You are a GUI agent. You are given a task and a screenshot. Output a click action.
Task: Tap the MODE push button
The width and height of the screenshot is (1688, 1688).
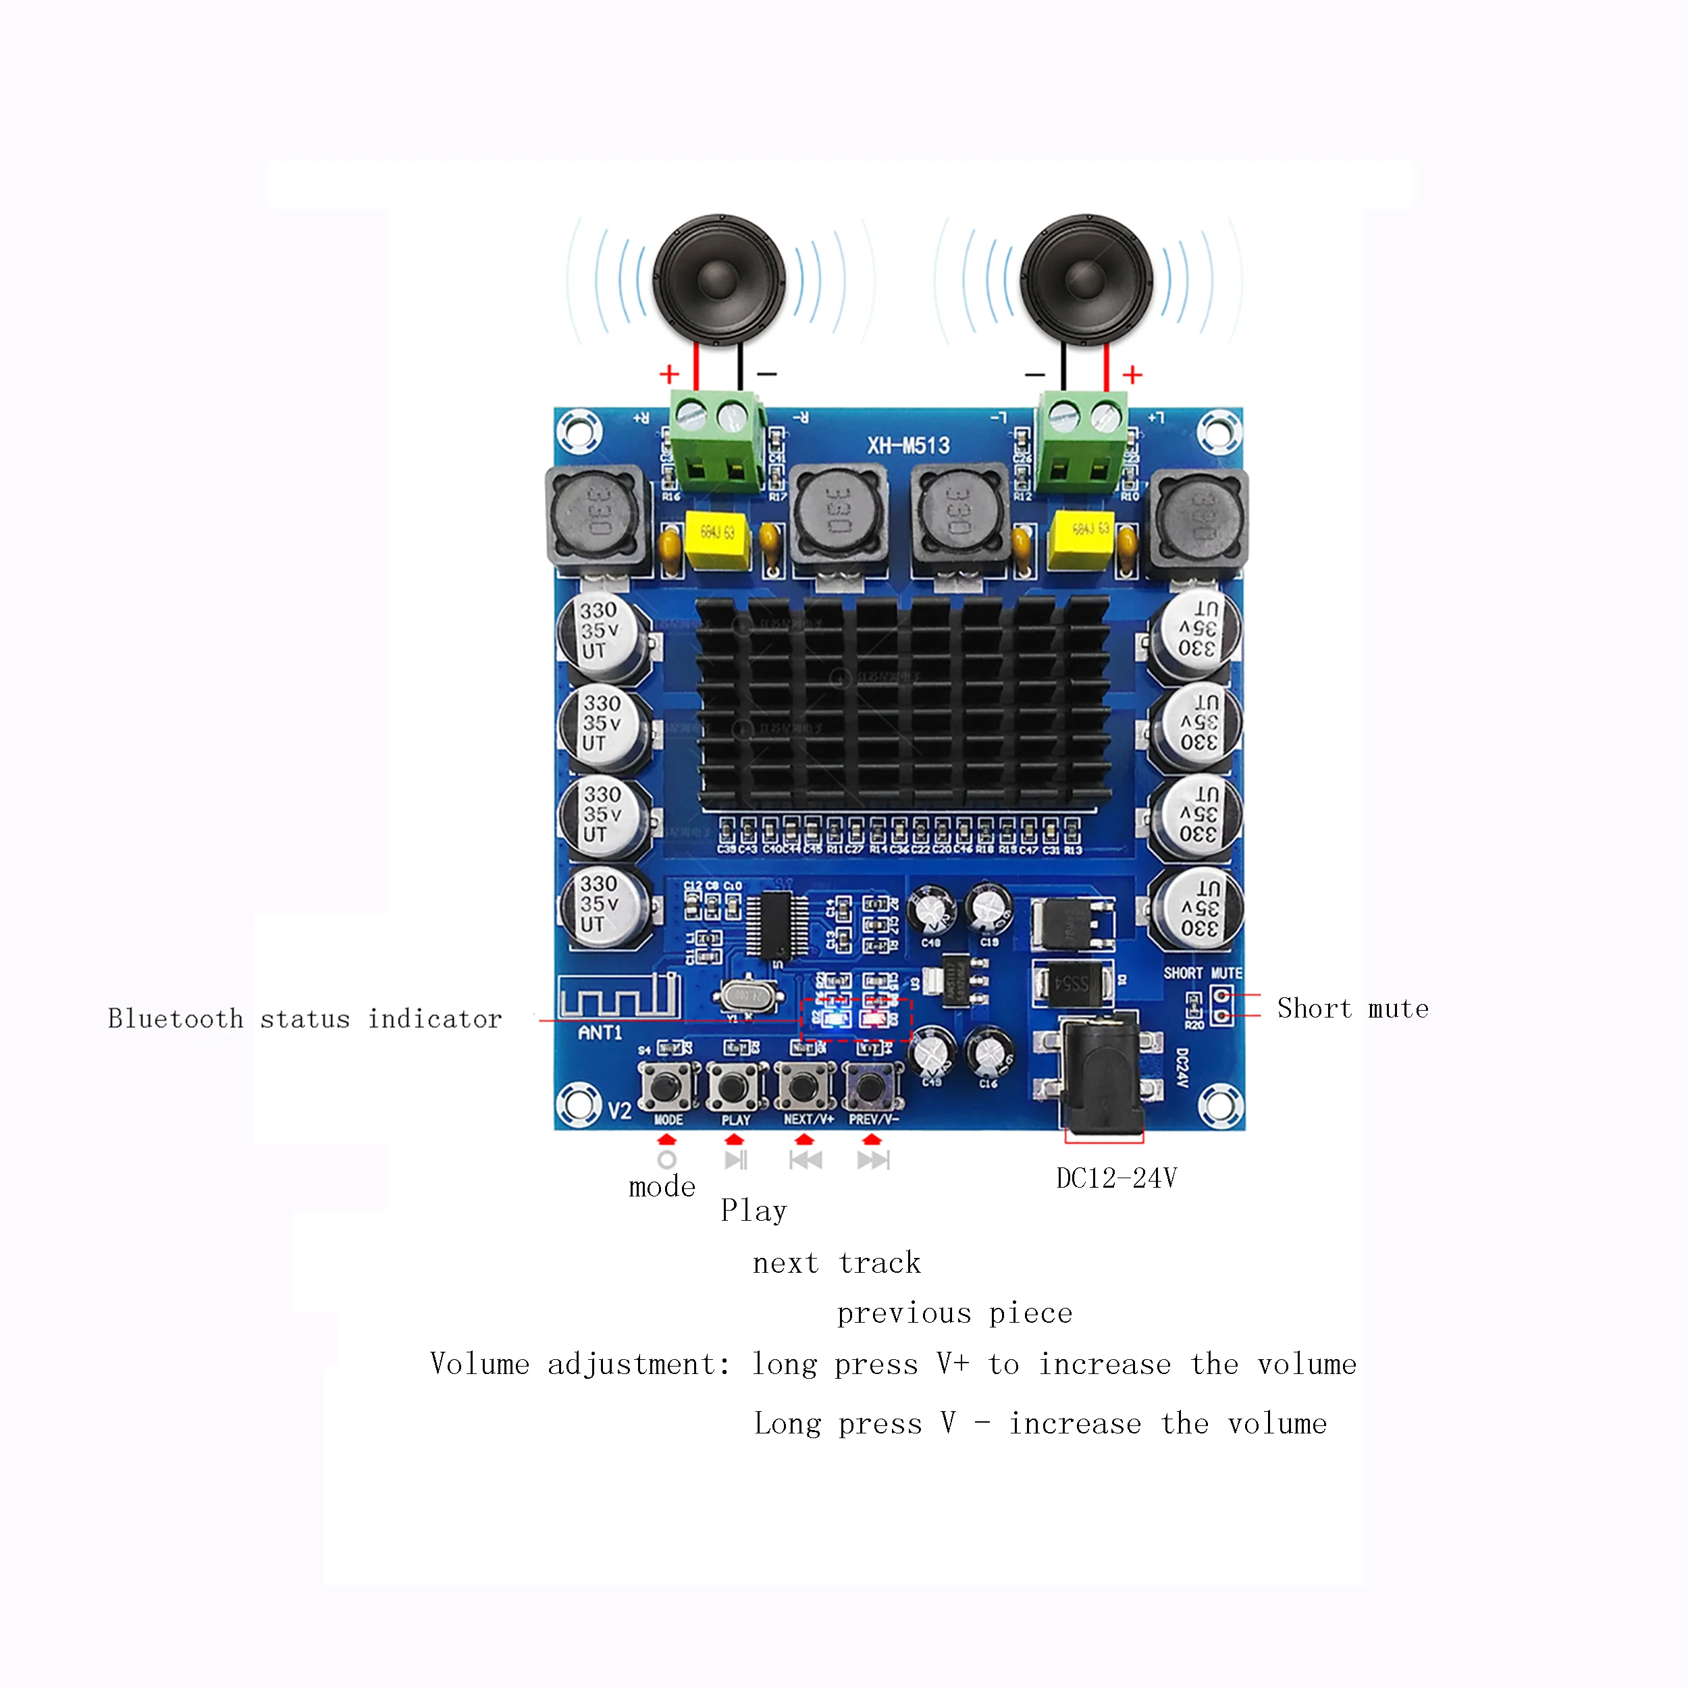coord(666,1087)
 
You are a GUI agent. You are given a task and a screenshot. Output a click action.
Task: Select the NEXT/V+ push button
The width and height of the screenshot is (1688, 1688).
coord(802,1087)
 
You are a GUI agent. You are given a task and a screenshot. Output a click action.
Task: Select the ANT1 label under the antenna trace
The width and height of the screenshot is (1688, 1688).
coord(600,1033)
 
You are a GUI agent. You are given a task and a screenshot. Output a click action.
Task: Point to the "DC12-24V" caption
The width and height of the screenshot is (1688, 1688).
coord(1115,1179)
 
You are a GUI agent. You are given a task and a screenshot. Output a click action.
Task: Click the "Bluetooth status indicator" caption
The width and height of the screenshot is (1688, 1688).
coord(305,1019)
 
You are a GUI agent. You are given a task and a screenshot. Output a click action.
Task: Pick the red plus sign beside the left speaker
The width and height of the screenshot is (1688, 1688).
coord(669,374)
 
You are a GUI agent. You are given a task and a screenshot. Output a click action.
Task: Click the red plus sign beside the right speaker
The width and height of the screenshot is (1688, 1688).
coord(1132,375)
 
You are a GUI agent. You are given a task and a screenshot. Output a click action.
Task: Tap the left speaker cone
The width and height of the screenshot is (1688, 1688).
coord(719,280)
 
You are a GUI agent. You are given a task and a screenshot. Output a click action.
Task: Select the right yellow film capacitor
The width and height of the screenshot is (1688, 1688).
coord(1081,539)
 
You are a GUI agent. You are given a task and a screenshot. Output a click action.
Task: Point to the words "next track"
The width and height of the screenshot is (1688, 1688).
coord(836,1263)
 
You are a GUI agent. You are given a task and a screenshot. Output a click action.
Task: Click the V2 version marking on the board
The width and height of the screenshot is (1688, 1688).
coord(619,1111)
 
